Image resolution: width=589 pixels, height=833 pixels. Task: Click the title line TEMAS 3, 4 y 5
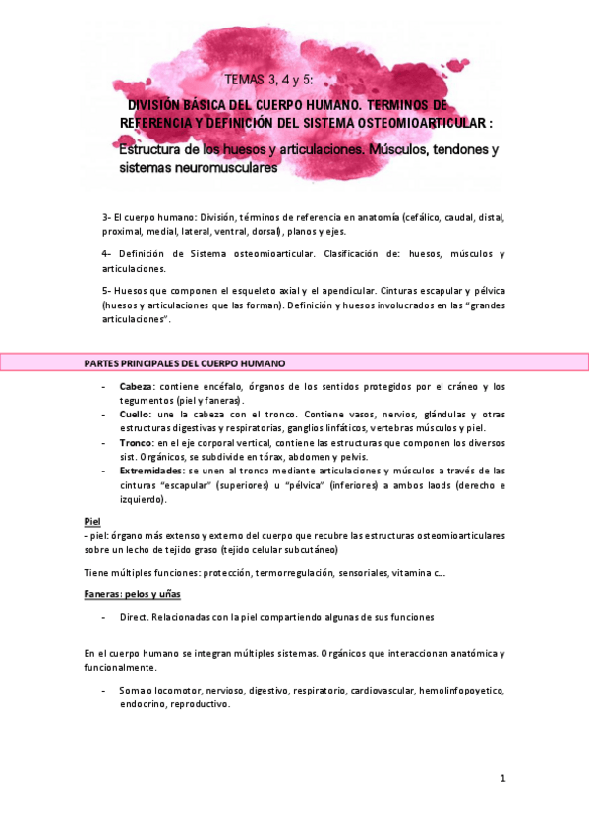[x=282, y=80]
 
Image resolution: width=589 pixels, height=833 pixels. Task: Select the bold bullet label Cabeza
[x=136, y=387]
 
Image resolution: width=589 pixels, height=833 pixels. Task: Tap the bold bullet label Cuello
[x=135, y=415]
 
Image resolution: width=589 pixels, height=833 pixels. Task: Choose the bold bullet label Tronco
[x=136, y=443]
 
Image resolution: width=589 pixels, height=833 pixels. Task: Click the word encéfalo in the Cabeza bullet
[x=219, y=387]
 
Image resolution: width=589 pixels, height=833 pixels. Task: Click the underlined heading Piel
[x=92, y=521]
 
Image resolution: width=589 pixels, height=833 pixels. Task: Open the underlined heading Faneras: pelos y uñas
[x=132, y=595]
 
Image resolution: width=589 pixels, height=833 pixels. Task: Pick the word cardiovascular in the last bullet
[x=378, y=692]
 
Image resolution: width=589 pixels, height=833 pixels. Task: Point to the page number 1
[x=501, y=779]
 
